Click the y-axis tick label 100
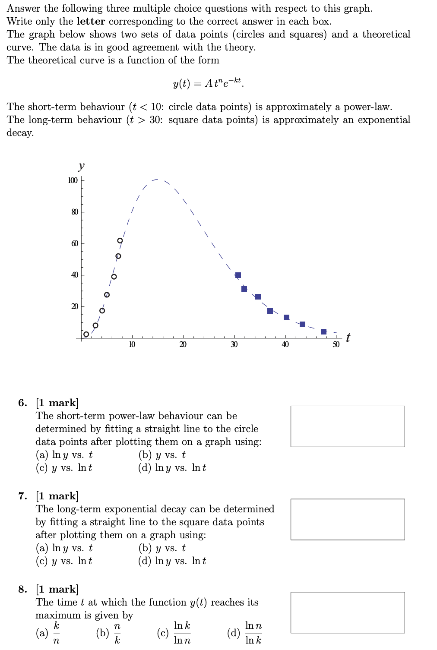[73, 180]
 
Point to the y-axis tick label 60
[74, 243]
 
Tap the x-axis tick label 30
[234, 344]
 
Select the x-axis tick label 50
[336, 344]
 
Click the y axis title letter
[81, 166]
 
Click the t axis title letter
[348, 338]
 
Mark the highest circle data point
[120, 240]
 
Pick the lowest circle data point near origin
[86, 334]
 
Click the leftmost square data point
[238, 275]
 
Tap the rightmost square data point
[324, 331]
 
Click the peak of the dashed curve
[157, 179]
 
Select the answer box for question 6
[348, 426]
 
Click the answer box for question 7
[348, 519]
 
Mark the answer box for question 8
[348, 612]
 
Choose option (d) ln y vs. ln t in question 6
[172, 468]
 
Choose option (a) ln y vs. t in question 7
[64, 548]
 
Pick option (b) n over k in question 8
[109, 633]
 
